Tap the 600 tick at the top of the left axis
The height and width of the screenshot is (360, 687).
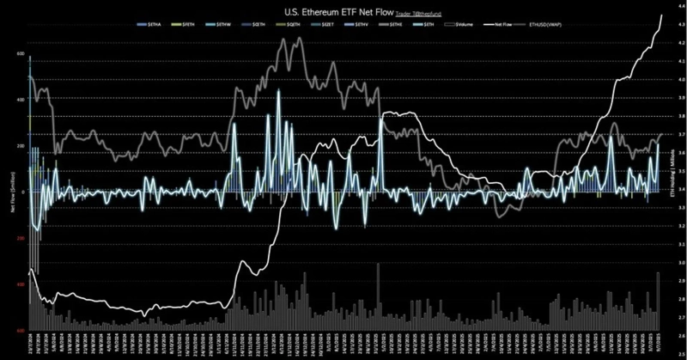[20, 54]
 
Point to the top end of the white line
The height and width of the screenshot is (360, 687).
[660, 16]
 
